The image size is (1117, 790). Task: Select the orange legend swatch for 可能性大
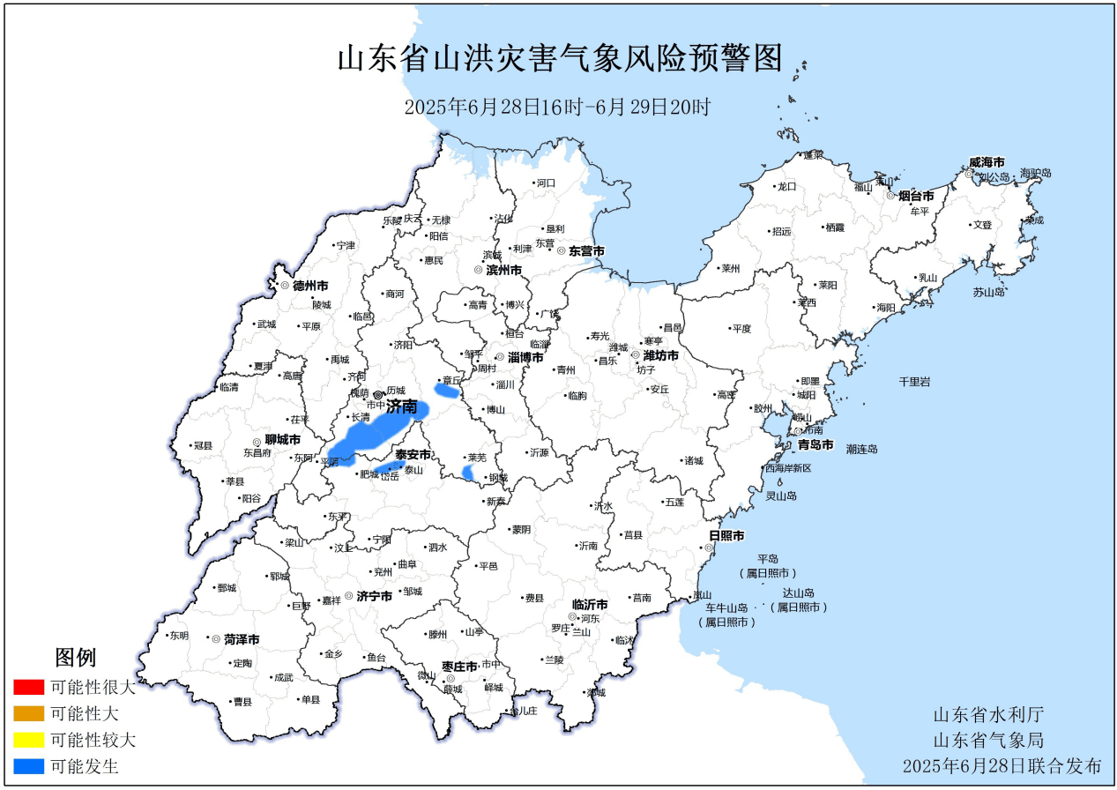[x=29, y=713]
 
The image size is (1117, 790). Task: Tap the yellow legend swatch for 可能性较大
[x=29, y=740]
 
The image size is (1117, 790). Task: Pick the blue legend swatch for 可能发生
[x=29, y=766]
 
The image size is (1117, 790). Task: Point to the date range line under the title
[x=557, y=108]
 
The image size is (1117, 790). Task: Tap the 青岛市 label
[x=815, y=444]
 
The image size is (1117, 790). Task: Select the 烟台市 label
[x=916, y=196]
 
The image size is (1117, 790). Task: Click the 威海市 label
[x=987, y=163]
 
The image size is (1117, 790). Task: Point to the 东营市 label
[x=586, y=251]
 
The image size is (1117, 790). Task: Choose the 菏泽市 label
[x=241, y=639]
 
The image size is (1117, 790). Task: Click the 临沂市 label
[x=590, y=605]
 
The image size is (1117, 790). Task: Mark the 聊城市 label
[x=282, y=439]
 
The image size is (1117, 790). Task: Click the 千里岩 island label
[x=914, y=381]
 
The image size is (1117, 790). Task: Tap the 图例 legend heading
[x=75, y=657]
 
